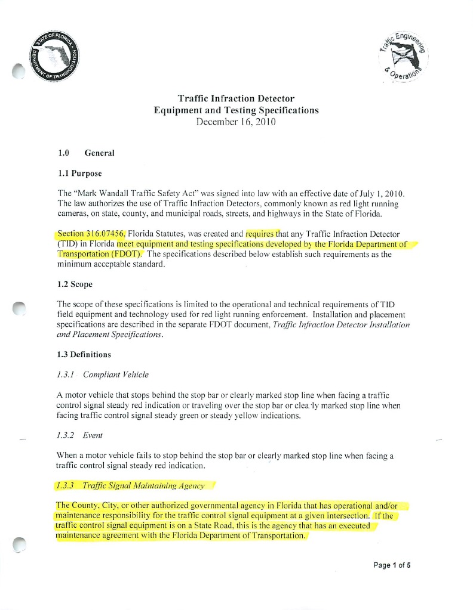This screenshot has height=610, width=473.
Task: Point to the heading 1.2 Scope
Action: click(x=75, y=284)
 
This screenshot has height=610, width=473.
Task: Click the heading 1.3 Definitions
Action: click(x=84, y=355)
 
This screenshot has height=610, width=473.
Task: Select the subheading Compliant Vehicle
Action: click(x=116, y=375)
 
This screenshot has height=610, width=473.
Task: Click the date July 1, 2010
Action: click(x=383, y=194)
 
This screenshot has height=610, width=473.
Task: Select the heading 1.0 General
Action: click(x=87, y=153)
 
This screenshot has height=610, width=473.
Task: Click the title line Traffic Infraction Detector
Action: click(x=236, y=98)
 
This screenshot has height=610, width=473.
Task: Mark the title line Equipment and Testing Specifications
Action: click(x=236, y=110)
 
